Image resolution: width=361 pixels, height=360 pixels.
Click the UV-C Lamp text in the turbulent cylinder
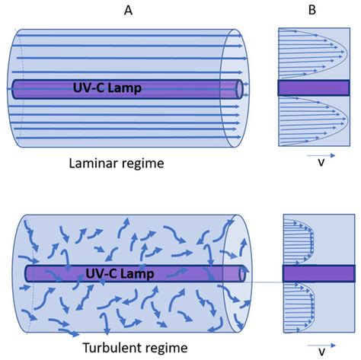pos(123,272)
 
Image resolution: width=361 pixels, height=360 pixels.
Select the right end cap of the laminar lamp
pos(241,88)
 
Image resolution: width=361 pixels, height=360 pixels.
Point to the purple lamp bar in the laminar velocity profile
pos(313,88)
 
